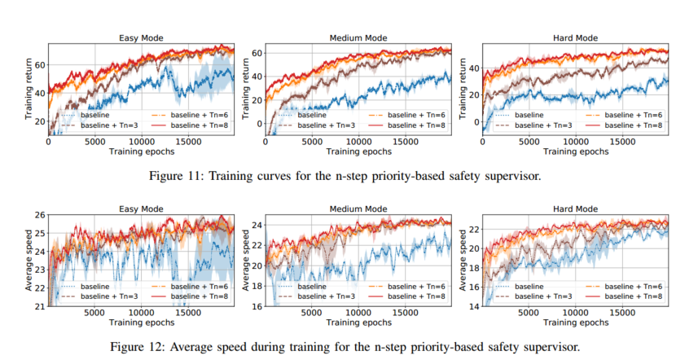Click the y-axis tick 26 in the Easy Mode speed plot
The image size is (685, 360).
coord(38,214)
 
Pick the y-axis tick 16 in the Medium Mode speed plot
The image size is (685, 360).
coord(254,306)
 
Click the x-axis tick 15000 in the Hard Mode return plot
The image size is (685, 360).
coord(622,142)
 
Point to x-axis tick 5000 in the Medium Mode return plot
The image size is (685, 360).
coord(312,142)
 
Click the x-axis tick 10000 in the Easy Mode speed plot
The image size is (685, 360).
coord(142,313)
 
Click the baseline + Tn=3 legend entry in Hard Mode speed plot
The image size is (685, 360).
coord(538,297)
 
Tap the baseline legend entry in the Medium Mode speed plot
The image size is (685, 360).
coord(313,288)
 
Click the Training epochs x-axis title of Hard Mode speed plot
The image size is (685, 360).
coord(575,323)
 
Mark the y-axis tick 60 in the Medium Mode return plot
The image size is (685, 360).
coord(254,54)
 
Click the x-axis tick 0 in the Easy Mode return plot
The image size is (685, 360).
coord(48,142)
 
